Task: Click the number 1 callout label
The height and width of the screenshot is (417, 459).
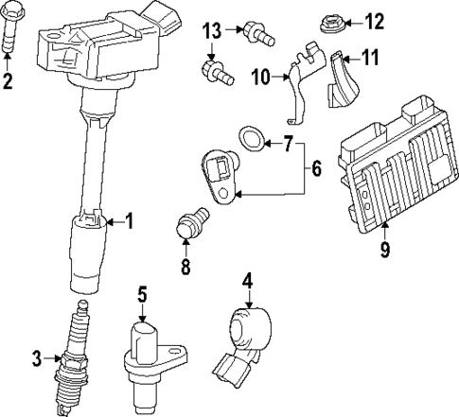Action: pyautogui.click(x=130, y=223)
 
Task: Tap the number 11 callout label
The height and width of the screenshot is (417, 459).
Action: pyautogui.click(x=369, y=59)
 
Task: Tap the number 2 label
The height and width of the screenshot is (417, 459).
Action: pyautogui.click(x=9, y=82)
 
